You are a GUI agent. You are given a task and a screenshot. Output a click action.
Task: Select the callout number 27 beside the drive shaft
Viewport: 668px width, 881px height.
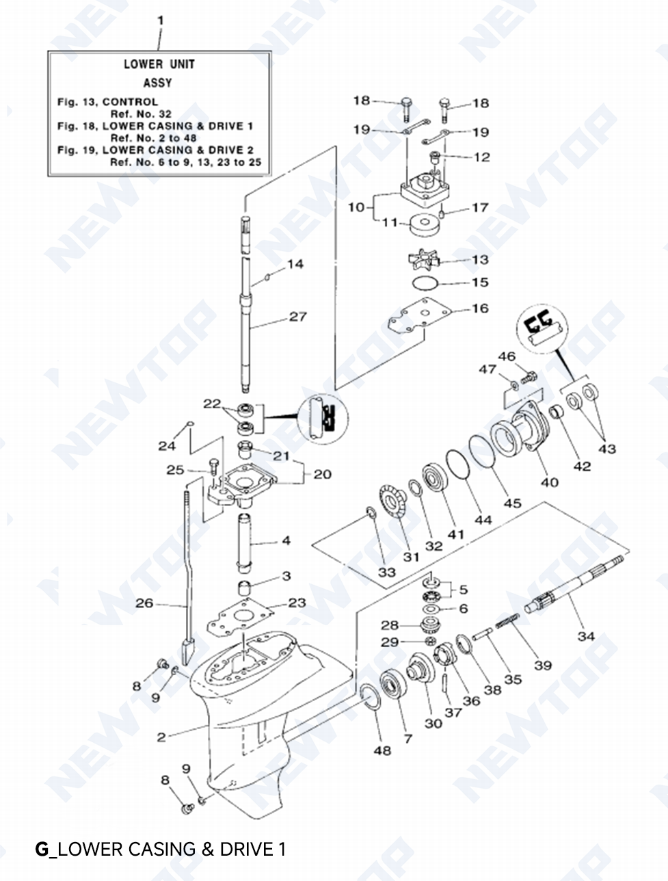298,317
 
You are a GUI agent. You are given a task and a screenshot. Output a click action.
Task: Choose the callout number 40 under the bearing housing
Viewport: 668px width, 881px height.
549,482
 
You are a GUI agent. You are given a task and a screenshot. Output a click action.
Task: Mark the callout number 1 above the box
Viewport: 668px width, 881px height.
160,21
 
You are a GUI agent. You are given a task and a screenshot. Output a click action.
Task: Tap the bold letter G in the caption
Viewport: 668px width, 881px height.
42,850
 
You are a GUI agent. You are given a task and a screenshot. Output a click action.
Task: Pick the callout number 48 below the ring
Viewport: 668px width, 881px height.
382,750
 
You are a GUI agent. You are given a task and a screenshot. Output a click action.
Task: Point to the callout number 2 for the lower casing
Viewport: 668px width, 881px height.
161,737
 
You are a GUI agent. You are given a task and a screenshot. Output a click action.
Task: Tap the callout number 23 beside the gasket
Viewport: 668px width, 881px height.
297,603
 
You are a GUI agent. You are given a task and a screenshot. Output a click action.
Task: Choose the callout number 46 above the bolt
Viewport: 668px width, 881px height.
507,356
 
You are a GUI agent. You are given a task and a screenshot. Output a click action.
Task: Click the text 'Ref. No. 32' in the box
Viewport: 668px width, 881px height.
141,114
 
